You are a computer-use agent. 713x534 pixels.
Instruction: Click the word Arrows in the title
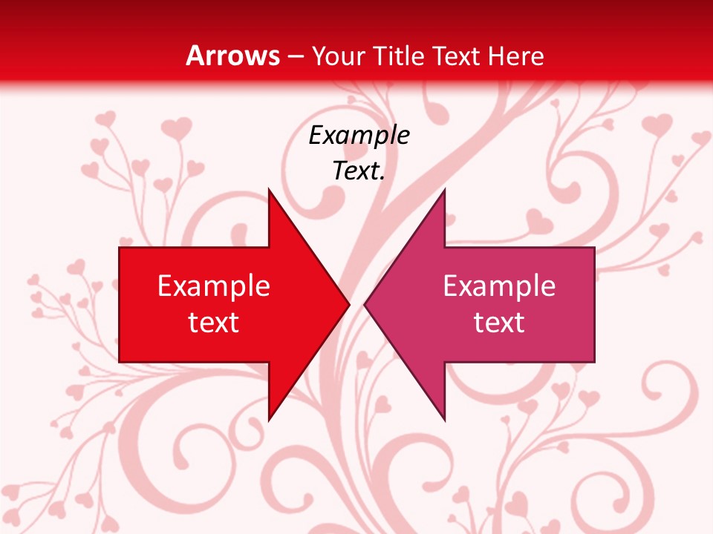tap(232, 56)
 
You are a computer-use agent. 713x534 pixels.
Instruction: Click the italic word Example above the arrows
tap(359, 135)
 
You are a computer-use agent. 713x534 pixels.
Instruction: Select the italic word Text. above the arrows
tap(359, 171)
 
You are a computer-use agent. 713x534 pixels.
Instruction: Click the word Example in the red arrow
tap(214, 286)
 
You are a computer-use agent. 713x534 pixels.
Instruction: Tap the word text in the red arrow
tap(214, 323)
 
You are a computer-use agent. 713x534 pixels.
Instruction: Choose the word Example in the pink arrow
tap(499, 286)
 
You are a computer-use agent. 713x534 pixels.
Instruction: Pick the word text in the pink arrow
tap(499, 323)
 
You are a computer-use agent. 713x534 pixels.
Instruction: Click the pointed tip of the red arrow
tap(348, 304)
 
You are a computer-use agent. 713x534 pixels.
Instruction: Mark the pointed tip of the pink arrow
tap(365, 304)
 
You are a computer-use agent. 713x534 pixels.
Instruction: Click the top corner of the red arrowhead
tap(269, 190)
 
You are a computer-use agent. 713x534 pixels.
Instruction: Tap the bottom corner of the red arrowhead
tap(269, 420)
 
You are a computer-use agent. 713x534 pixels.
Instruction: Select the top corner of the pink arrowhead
tap(444, 190)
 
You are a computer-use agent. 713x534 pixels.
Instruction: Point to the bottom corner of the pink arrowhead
tap(444, 420)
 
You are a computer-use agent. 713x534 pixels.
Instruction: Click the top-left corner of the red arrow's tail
tap(120, 248)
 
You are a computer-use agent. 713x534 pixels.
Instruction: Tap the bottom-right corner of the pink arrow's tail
tap(594, 361)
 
